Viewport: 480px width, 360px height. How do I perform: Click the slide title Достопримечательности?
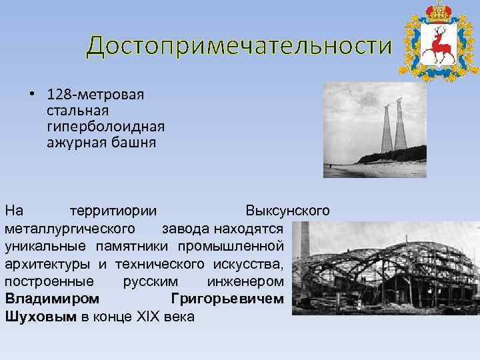(x=237, y=46)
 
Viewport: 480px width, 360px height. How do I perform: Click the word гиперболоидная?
(x=105, y=125)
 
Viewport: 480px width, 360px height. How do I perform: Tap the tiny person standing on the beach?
(x=328, y=164)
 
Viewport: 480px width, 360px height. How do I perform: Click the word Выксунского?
(x=287, y=211)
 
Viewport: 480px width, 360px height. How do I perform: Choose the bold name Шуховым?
(x=41, y=317)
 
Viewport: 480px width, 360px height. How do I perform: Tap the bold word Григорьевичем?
(x=227, y=299)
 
